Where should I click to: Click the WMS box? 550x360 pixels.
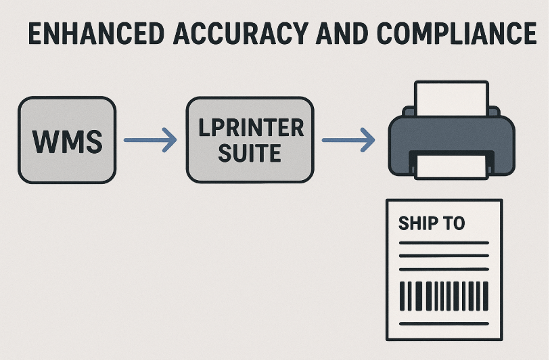[x=68, y=140]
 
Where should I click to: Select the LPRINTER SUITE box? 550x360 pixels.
[x=250, y=140]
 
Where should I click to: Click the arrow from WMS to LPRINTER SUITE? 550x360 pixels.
[x=150, y=141]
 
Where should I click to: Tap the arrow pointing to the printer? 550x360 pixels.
[x=348, y=141]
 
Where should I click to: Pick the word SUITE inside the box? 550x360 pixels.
[x=250, y=153]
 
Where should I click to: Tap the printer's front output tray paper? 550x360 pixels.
[x=451, y=165]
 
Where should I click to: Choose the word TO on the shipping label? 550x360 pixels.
[x=453, y=223]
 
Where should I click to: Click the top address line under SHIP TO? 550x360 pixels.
[x=444, y=243]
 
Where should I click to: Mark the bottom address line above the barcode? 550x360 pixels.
[x=444, y=269]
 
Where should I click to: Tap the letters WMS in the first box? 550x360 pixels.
[x=68, y=141]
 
